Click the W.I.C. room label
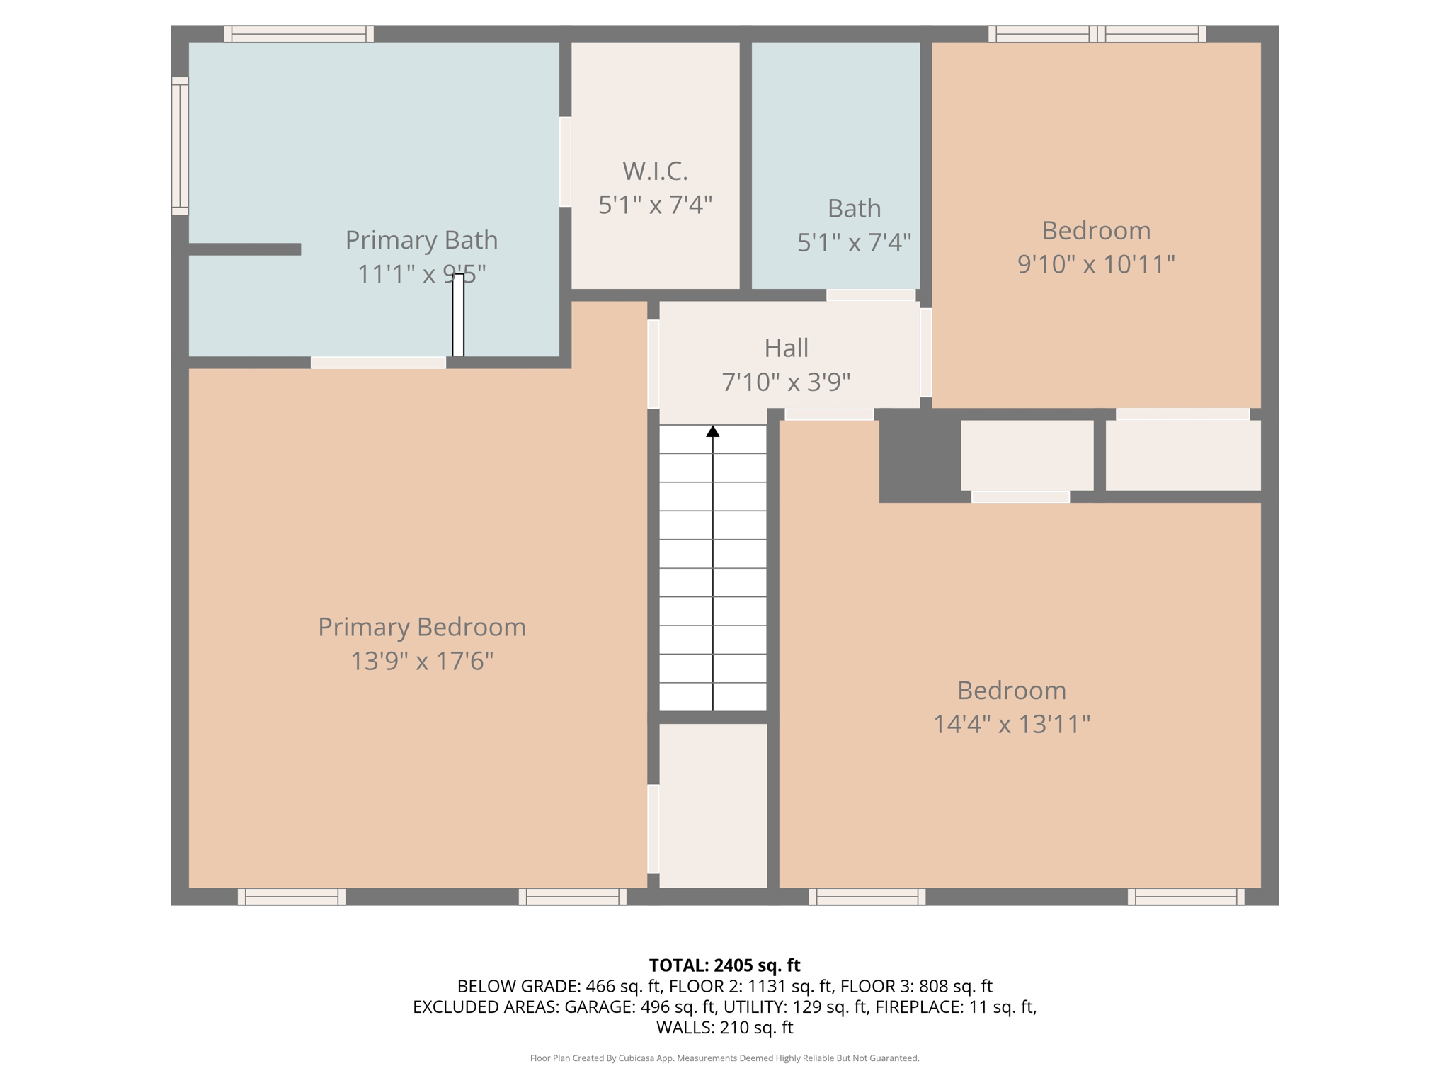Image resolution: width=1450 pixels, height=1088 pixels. click(x=655, y=171)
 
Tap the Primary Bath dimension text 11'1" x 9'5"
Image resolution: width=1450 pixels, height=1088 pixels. click(x=421, y=274)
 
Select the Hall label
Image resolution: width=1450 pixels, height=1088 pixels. click(x=786, y=348)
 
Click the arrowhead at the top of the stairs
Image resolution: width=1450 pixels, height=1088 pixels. click(x=713, y=431)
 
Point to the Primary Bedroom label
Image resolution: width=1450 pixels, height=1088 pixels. click(x=421, y=627)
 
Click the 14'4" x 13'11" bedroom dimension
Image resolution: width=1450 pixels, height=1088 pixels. click(x=1011, y=724)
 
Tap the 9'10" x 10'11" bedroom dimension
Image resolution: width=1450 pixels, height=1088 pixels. click(x=1096, y=264)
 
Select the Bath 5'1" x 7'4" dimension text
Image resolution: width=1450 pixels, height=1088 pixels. click(x=854, y=242)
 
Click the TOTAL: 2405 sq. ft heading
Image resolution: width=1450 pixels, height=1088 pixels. click(x=724, y=965)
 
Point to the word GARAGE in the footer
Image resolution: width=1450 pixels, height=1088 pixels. click(x=599, y=1007)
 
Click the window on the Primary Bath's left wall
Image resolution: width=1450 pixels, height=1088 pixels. click(x=180, y=146)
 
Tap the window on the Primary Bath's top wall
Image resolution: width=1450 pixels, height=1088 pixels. click(x=299, y=33)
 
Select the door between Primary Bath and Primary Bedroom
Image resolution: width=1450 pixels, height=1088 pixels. click(x=378, y=363)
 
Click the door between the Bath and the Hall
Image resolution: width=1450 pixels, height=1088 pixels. click(x=871, y=295)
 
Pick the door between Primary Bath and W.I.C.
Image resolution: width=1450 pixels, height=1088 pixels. click(x=565, y=161)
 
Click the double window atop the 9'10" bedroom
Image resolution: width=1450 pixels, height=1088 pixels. click(x=1097, y=33)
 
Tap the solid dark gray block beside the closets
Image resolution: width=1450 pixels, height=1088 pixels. click(x=920, y=455)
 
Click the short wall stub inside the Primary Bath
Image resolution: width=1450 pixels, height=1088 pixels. click(x=245, y=249)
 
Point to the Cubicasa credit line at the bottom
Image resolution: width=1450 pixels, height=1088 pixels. click(x=724, y=1058)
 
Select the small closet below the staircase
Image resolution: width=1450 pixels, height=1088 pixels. click(x=713, y=805)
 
